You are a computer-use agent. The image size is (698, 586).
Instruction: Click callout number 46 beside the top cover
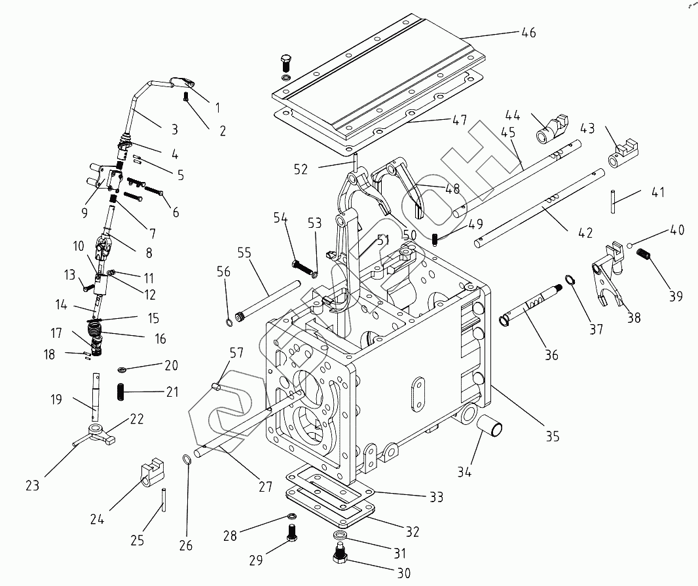tap(528, 33)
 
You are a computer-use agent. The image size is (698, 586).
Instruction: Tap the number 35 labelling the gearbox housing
tap(552, 436)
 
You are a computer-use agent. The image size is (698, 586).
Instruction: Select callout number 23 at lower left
tap(33, 485)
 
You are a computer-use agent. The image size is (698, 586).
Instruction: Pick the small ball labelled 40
tap(629, 246)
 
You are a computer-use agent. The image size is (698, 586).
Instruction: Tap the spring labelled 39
tap(644, 255)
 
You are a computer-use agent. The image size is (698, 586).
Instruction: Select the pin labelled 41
tap(613, 202)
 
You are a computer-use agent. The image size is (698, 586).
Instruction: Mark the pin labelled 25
tap(165, 501)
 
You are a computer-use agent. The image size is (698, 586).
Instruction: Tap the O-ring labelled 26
tap(188, 460)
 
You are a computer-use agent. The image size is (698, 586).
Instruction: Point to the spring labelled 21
tap(122, 391)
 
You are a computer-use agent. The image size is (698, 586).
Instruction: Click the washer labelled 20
tap(122, 369)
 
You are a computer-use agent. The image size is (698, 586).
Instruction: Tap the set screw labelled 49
tap(435, 239)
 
